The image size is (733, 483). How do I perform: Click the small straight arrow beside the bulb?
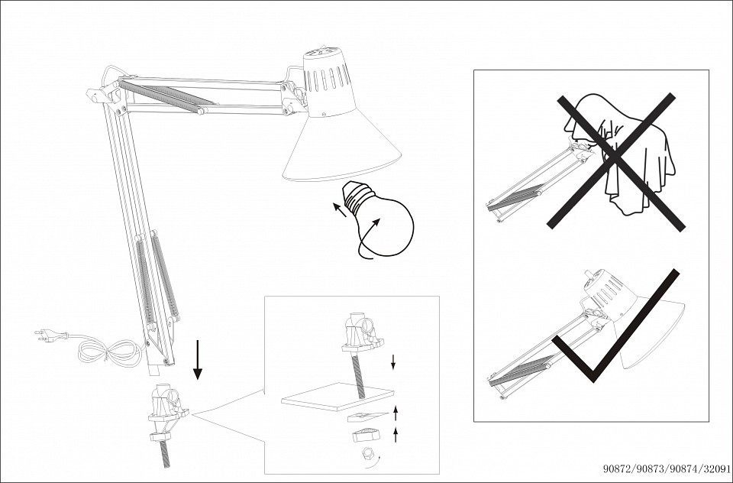tap(340, 209)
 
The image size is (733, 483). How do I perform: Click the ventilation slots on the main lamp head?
tap(328, 79)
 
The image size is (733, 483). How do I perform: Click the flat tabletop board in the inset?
tap(337, 397)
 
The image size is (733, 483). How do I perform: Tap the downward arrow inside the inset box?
tap(393, 361)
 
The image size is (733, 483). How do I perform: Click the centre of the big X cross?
tap(615, 160)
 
